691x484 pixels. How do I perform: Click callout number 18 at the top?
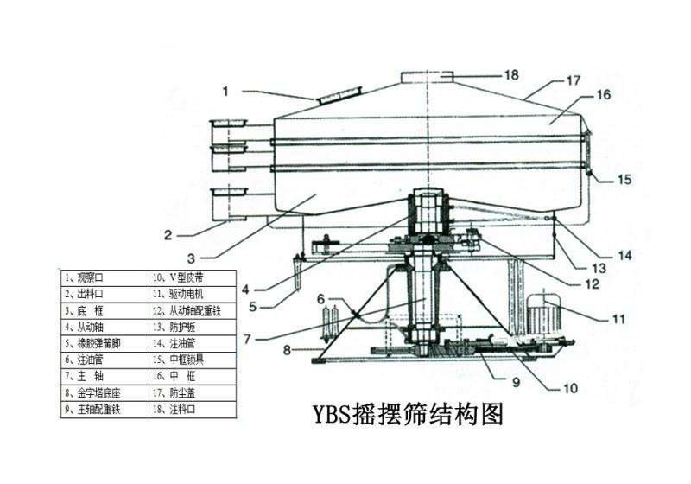point(510,75)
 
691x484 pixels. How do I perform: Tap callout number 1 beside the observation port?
point(225,90)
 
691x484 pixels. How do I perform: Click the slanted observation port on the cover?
point(339,95)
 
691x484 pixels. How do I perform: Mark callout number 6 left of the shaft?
point(321,299)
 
